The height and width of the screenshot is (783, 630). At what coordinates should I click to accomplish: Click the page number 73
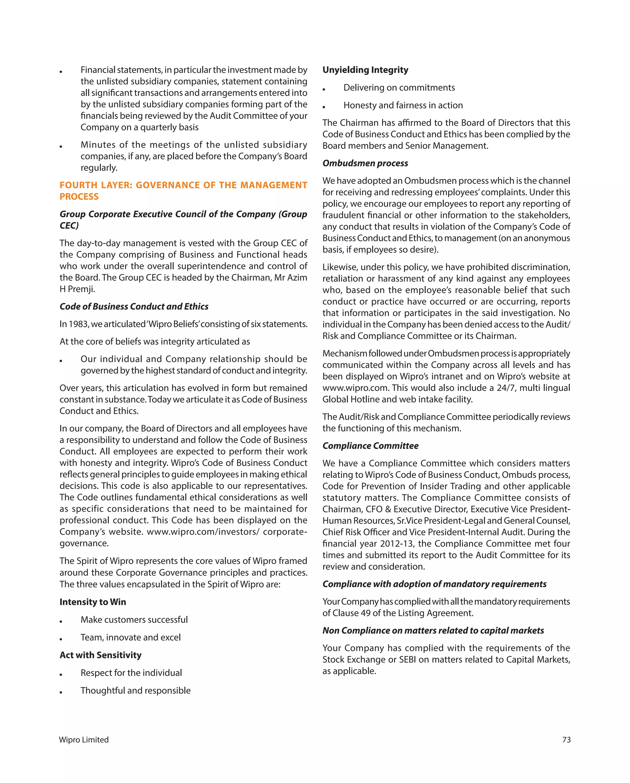click(x=566, y=740)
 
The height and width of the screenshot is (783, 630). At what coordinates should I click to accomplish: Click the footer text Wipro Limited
click(x=84, y=740)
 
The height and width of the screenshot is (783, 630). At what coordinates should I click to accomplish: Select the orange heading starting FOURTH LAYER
click(x=183, y=190)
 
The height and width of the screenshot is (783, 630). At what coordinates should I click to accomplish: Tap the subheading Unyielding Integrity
click(x=365, y=70)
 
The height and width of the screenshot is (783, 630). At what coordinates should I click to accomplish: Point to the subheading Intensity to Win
click(x=93, y=602)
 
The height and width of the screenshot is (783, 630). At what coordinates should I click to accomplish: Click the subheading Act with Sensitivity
click(x=100, y=655)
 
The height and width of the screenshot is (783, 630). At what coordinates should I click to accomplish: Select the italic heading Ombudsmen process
click(x=365, y=163)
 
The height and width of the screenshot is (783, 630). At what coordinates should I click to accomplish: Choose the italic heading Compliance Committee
click(x=370, y=446)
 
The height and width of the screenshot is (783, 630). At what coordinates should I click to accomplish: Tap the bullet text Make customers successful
click(x=134, y=620)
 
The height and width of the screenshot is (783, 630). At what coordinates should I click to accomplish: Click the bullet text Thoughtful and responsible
click(x=136, y=690)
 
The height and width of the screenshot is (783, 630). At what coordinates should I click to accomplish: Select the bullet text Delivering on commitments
click(x=399, y=88)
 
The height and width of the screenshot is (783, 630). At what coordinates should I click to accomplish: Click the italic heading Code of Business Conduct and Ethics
click(x=134, y=307)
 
